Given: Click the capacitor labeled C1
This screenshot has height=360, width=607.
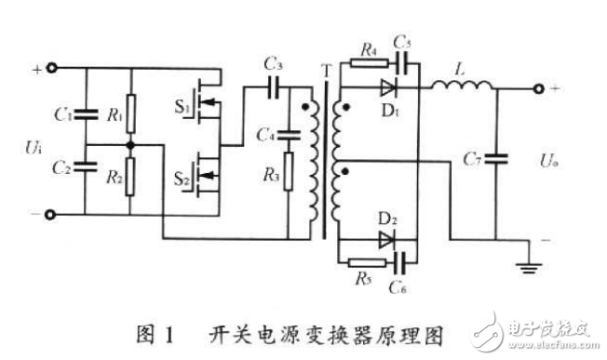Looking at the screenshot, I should pos(85,116).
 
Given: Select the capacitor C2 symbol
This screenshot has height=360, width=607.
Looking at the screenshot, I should pos(85,168).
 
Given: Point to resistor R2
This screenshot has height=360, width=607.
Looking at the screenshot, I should pos(131,173).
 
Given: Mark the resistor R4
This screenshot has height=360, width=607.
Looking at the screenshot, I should pos(368,67).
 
